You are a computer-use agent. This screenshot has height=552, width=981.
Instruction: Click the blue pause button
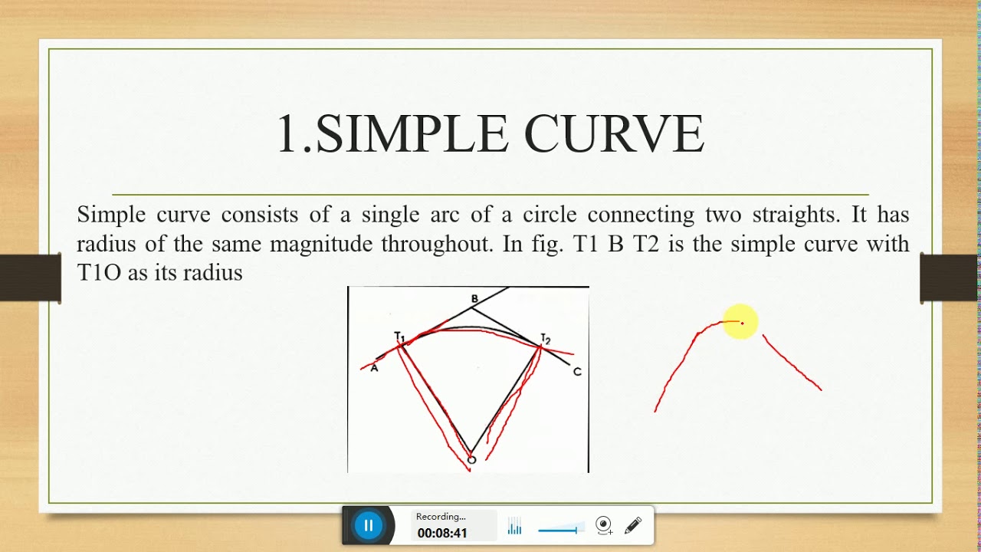[x=369, y=526]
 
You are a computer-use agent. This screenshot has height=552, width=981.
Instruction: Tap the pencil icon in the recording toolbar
[x=633, y=525]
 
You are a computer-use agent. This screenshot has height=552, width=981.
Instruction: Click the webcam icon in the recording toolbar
[x=604, y=525]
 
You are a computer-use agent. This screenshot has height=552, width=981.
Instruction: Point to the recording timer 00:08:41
[x=442, y=533]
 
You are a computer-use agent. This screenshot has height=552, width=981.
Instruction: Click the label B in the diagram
[x=474, y=298]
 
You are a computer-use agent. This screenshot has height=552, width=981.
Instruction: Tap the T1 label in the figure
[x=399, y=336]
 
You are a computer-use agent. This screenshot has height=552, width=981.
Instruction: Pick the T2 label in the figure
[x=546, y=338]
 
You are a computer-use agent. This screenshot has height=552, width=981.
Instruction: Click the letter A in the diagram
[x=375, y=368]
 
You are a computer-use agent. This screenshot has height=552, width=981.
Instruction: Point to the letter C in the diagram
[x=577, y=372]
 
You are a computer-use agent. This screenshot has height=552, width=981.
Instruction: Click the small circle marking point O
[x=471, y=460]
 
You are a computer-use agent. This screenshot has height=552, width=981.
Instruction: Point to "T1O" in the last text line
[x=100, y=272]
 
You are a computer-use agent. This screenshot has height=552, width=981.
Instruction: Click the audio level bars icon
[x=514, y=527]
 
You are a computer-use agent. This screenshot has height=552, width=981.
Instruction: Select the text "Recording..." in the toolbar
[x=441, y=517]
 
